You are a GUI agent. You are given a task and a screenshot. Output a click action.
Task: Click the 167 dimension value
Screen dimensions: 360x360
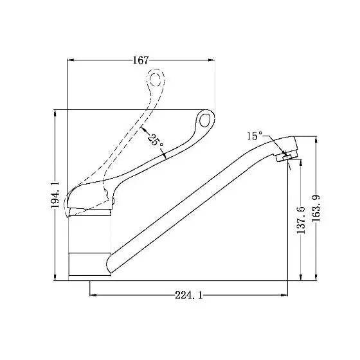(x=141, y=60)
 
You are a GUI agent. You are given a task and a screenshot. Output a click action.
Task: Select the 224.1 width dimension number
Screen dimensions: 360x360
(x=189, y=295)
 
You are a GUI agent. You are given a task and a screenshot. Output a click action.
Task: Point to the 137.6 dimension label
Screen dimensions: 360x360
(x=301, y=220)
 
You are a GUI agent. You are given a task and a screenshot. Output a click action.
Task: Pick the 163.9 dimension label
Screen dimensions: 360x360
(x=316, y=208)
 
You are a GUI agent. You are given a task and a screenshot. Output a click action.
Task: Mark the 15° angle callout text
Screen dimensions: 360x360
(x=255, y=136)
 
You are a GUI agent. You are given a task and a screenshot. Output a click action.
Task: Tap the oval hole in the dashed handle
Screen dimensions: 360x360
(x=156, y=78)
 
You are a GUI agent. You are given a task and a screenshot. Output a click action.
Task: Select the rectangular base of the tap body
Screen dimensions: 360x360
(x=90, y=264)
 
